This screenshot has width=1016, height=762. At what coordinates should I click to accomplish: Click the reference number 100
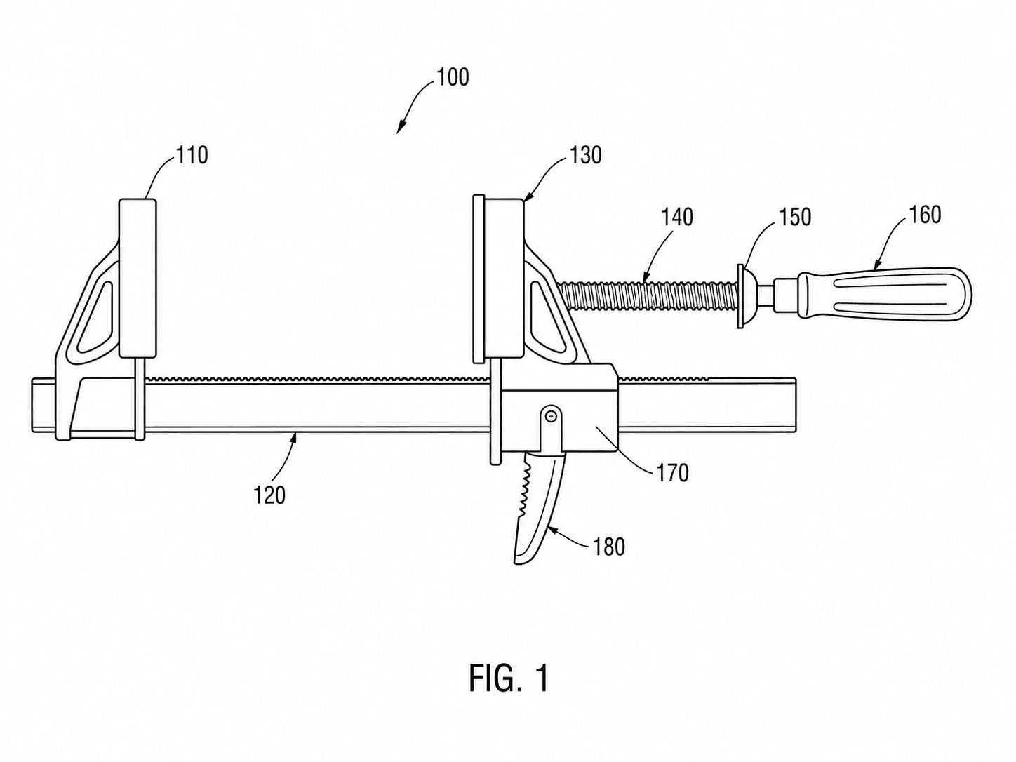[453, 78]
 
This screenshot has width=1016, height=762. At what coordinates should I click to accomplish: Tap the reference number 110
[192, 156]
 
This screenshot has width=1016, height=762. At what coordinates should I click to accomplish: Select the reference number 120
[269, 495]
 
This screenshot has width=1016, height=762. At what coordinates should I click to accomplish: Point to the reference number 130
[585, 156]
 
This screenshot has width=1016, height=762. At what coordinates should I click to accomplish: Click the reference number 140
[676, 217]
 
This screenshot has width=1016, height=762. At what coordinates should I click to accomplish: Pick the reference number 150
[795, 217]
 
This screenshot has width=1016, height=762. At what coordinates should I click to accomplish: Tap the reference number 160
[925, 215]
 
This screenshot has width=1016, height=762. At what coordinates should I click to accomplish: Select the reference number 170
[672, 473]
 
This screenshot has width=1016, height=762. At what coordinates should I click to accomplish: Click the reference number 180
[608, 547]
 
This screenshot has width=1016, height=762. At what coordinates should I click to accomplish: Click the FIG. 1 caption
[509, 679]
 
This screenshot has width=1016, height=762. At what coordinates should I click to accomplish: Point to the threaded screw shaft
[648, 296]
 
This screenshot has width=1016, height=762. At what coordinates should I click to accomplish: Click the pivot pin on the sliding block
[550, 417]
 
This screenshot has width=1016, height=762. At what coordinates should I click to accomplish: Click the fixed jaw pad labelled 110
[138, 279]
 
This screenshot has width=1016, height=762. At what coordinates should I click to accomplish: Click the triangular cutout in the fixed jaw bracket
[94, 319]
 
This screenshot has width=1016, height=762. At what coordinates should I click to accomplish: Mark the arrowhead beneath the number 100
[401, 127]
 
